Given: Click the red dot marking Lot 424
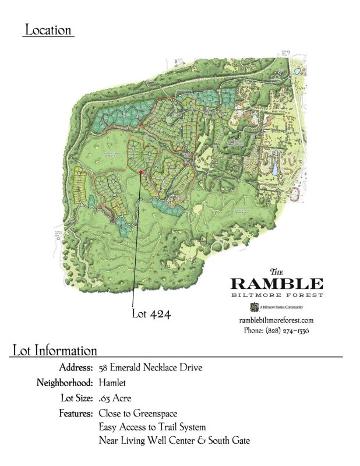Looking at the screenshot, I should (x=141, y=172).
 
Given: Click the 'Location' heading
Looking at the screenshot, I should (x=48, y=30).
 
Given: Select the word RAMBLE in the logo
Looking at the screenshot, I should (x=277, y=284).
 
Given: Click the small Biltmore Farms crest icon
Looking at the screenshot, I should (x=253, y=307).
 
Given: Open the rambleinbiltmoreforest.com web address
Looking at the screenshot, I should (x=277, y=320).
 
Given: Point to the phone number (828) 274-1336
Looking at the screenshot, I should (x=276, y=330).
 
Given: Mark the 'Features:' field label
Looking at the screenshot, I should (x=75, y=414).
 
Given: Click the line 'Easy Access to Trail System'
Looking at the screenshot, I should (x=152, y=428).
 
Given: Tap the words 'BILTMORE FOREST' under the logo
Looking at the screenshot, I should (x=277, y=295).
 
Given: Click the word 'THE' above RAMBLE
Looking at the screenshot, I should (x=277, y=272).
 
